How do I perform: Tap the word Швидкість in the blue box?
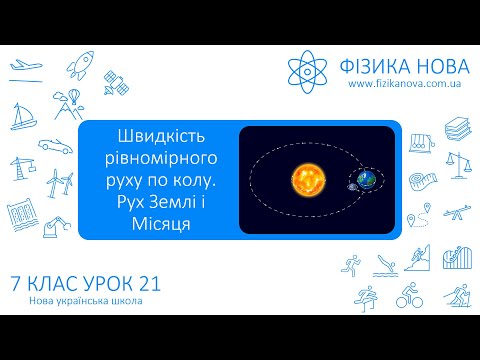160,139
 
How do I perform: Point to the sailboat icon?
26,118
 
